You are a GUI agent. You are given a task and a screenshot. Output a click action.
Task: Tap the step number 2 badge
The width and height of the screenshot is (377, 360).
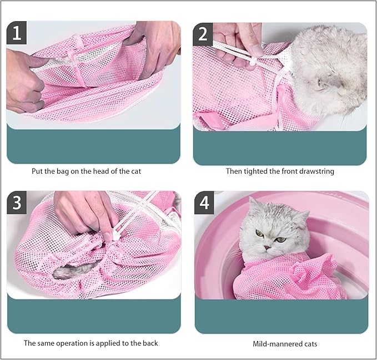[203, 34]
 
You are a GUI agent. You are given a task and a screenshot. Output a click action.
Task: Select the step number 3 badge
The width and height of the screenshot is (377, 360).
[17, 202]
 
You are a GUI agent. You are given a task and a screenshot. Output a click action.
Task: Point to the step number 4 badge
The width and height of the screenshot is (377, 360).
[204, 203]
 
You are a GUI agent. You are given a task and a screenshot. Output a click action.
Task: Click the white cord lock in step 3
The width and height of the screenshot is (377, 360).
[117, 235]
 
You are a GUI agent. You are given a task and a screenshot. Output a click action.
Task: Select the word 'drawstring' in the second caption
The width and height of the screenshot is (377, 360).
[316, 171]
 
